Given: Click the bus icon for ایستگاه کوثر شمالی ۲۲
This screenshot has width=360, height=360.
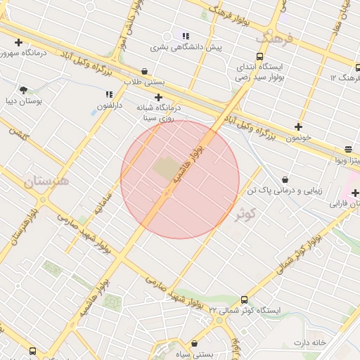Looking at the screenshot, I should click(239, 298).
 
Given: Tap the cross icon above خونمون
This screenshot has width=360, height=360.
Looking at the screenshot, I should click(299, 127).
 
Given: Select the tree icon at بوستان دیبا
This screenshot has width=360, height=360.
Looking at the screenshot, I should click(24, 90).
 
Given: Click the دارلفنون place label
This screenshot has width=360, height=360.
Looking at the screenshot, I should click(109, 105).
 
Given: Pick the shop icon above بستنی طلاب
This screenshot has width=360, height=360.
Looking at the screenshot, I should click(144, 71).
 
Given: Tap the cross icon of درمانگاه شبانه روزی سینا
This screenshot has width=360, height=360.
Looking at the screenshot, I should click(158, 97).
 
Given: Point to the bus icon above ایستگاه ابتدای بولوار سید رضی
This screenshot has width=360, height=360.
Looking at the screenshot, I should click(260, 56).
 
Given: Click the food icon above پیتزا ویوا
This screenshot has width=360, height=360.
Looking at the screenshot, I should click(348, 149).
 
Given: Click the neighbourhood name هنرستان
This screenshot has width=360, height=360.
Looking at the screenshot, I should click(47, 181).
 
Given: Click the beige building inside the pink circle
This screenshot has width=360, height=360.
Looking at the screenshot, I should click(166, 169).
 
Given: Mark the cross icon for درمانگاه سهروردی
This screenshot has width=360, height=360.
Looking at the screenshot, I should click(18, 42).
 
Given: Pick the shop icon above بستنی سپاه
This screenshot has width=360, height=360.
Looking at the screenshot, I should click(194, 345).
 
